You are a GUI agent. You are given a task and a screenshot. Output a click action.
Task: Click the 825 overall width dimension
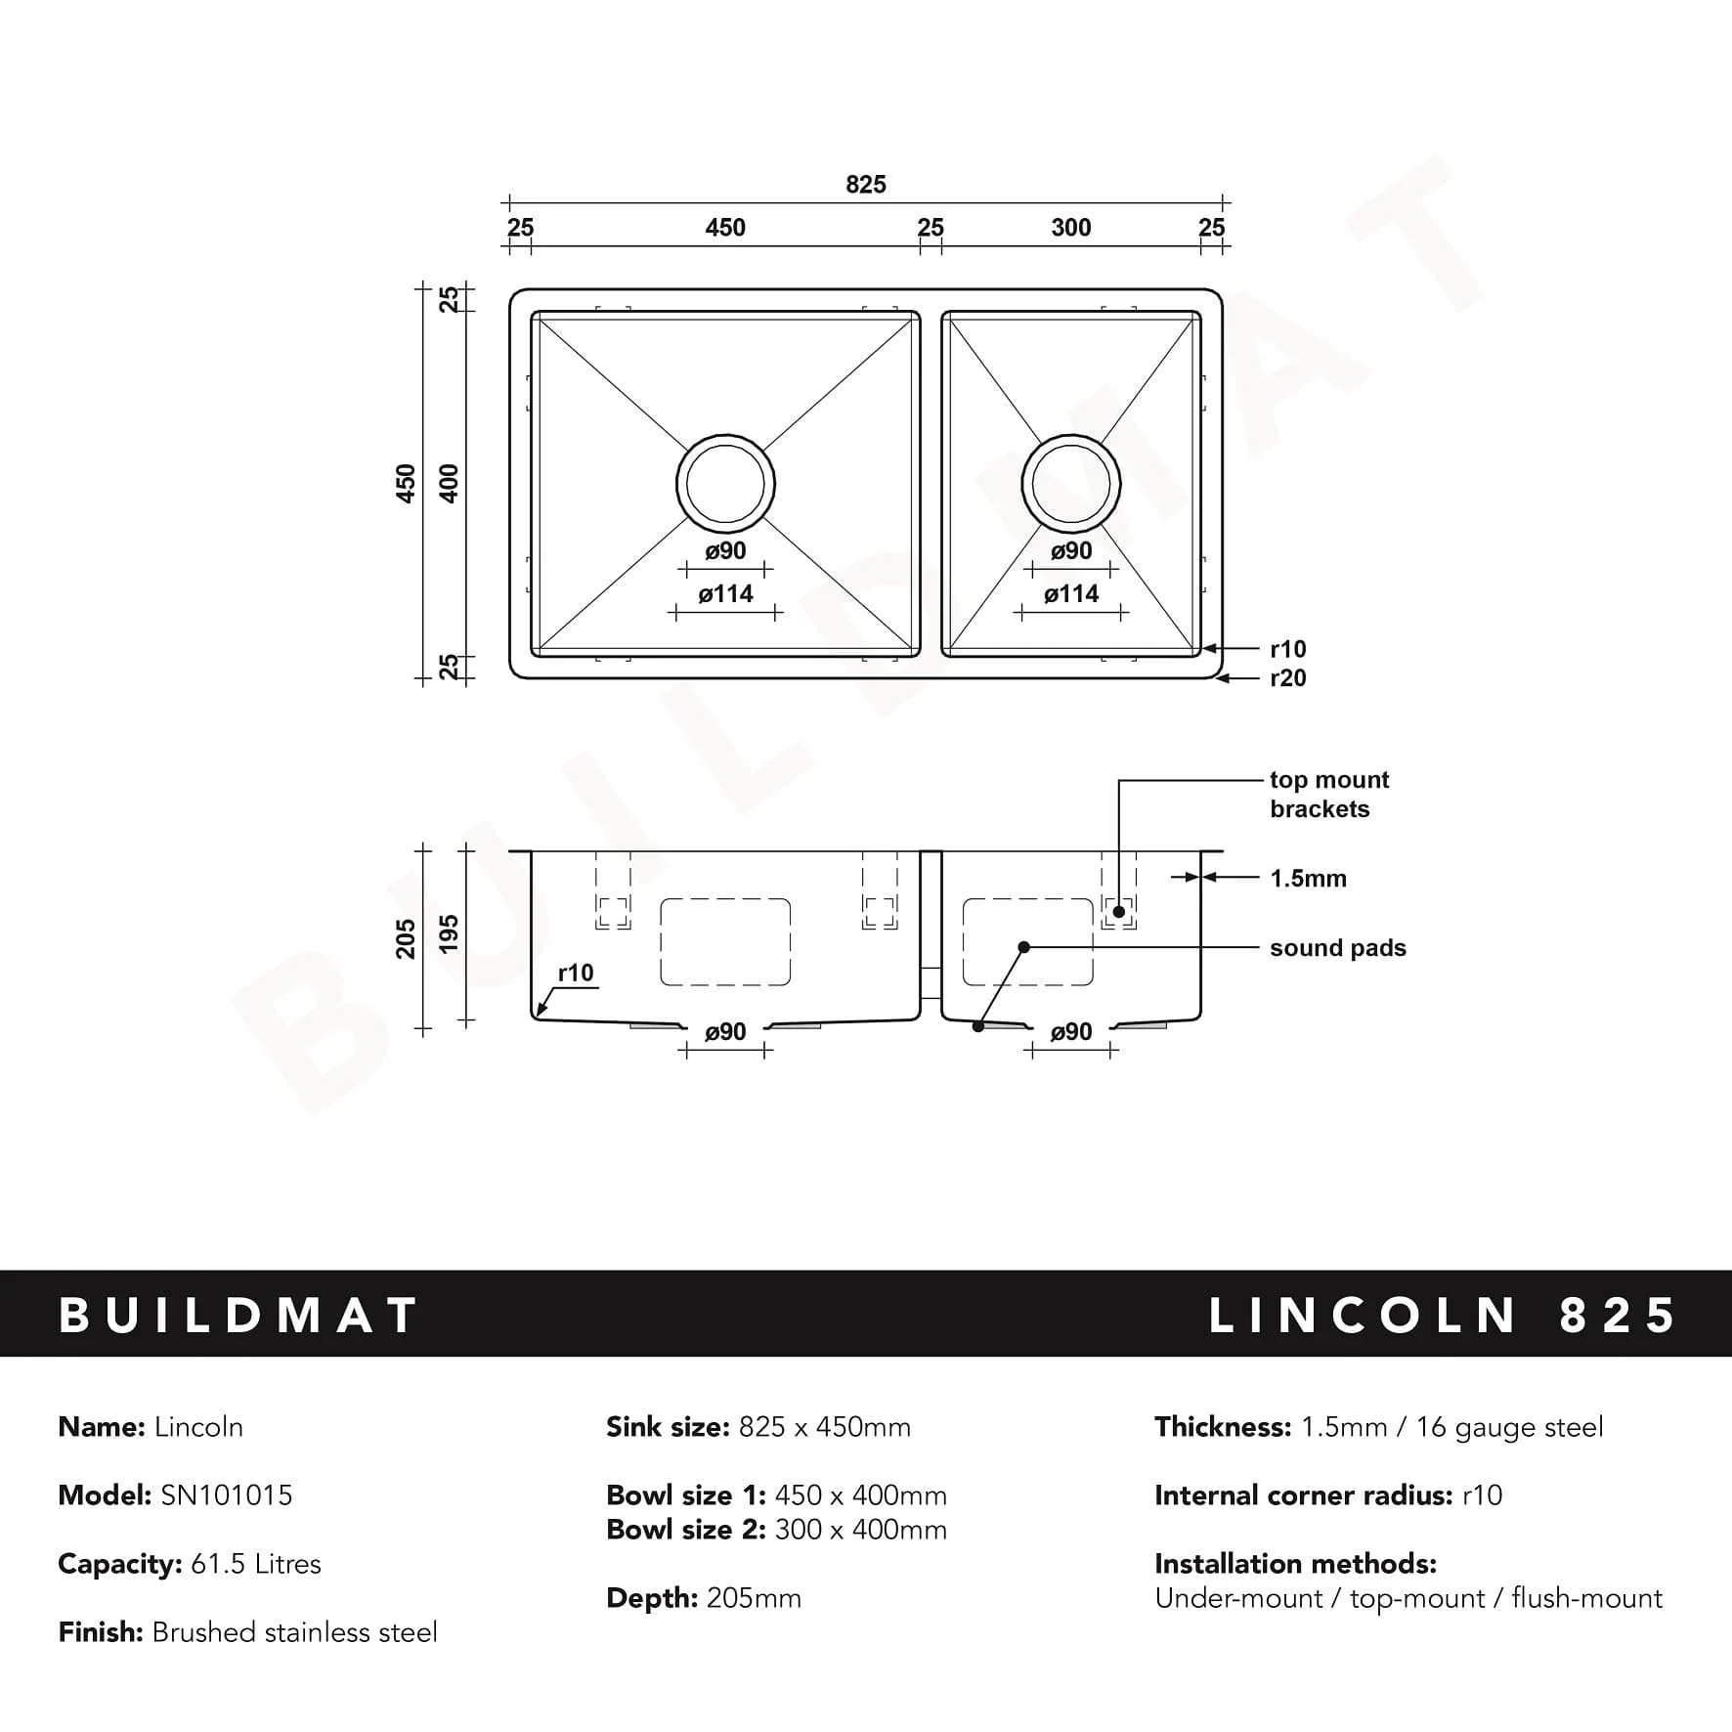865,184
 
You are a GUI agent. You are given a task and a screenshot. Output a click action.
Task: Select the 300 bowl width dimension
1070,228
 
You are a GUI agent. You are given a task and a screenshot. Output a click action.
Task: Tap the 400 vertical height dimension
449,483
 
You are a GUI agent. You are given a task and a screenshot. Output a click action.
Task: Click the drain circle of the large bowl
725,483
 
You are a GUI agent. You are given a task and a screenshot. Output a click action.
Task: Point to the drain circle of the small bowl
1071,483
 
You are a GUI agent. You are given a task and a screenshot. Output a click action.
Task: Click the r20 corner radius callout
1287,678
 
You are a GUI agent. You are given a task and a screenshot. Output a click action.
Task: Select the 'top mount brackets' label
1328,794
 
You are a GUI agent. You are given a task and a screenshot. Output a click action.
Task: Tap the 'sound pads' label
1337,948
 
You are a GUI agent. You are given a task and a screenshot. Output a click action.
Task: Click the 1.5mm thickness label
1308,879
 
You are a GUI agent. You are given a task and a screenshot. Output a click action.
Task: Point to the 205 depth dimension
406,938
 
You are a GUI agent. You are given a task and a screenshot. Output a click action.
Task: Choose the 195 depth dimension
449,933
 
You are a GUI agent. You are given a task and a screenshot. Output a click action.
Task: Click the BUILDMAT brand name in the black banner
238,1316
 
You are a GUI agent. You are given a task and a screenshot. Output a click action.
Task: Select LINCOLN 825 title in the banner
1443,1316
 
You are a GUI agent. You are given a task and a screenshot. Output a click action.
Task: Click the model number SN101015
227,1495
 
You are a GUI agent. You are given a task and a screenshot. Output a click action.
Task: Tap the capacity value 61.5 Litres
256,1564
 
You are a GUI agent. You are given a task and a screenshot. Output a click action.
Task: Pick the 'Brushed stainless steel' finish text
295,1632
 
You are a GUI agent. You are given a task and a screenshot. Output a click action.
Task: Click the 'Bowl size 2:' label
685,1530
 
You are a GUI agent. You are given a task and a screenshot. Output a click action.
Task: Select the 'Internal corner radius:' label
1303,1495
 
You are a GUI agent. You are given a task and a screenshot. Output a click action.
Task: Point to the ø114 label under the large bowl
726,594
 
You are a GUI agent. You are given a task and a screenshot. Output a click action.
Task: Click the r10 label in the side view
576,974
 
